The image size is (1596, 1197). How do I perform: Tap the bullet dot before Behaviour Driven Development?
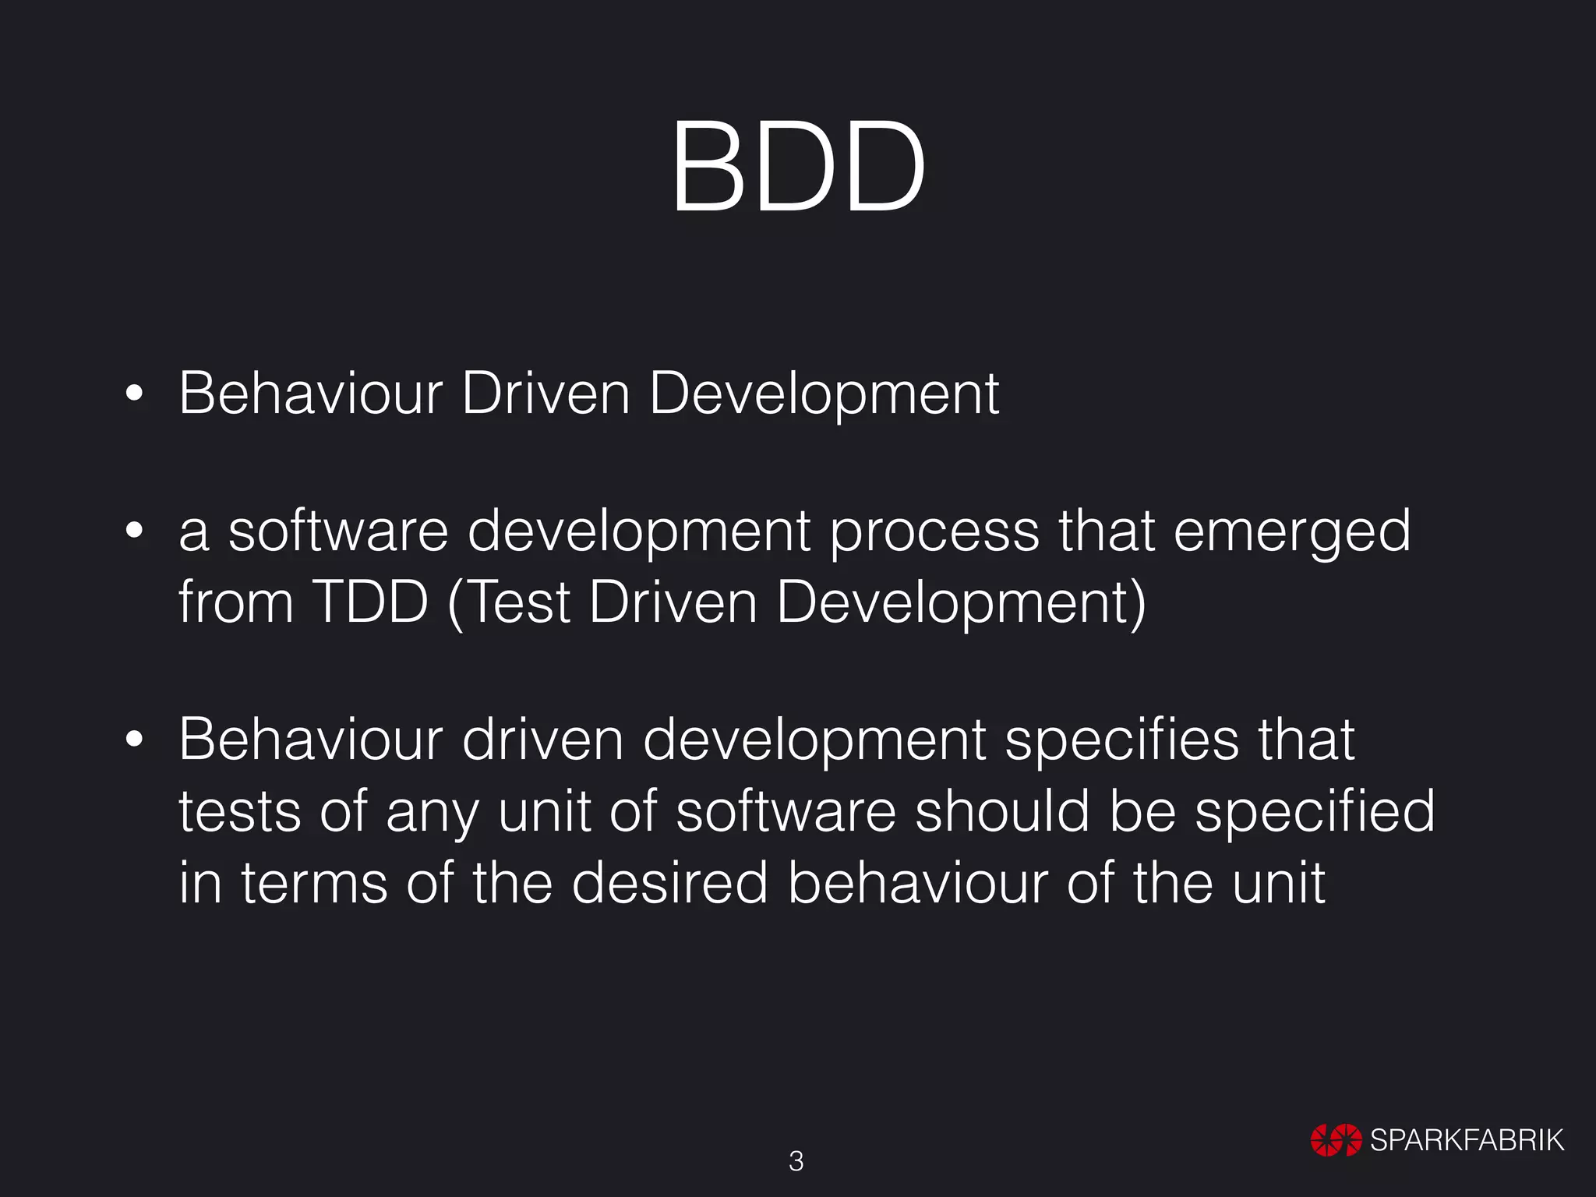pos(135,394)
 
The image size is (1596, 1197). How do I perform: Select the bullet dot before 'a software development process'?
pos(135,531)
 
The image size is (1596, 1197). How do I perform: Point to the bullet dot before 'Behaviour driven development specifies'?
pos(135,739)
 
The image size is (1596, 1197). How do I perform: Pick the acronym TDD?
pos(370,602)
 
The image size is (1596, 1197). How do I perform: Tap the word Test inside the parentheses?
pos(521,602)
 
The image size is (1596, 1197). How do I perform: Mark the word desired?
pos(669,883)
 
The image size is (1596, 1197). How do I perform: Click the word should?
pos(1001,810)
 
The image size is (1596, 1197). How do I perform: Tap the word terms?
pos(314,883)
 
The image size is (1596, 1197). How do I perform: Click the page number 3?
pos(796,1161)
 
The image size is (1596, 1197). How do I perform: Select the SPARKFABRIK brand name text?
pos(1467,1140)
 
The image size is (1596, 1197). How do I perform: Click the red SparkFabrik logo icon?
pos(1336,1140)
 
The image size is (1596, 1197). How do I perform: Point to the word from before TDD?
pos(236,602)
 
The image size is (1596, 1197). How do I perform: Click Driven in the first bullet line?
pos(545,394)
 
